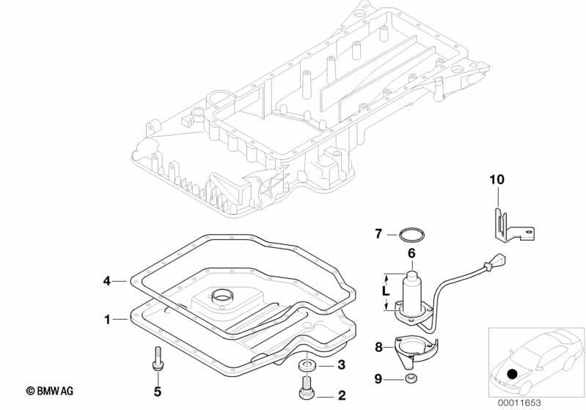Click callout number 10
coord(497,180)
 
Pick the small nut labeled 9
coord(411,378)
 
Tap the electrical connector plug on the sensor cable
coord(498,260)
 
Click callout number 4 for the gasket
coord(107,281)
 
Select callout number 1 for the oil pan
coord(108,320)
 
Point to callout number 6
coord(411,253)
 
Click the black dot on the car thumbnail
coord(512,374)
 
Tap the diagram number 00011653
coord(519,403)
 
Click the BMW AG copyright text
coord(49,392)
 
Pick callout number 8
coord(378,348)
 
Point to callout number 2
coord(342,396)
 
